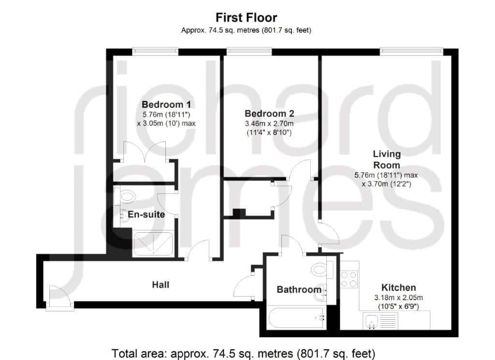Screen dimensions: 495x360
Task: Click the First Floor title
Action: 246,18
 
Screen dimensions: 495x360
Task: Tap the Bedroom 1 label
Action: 166,105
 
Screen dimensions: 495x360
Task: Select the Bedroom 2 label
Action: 269,113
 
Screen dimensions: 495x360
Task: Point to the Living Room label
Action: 387,159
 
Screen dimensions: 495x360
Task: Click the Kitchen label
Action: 399,287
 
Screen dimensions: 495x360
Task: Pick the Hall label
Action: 160,285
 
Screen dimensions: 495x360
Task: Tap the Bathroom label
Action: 299,289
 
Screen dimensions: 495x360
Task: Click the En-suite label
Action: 146,214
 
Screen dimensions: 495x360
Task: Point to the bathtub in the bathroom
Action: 297,317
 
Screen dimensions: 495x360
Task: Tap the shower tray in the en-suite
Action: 153,244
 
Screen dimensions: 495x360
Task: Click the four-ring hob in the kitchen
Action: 349,279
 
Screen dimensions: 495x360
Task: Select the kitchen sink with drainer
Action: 380,320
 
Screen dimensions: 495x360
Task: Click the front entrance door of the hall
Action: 59,297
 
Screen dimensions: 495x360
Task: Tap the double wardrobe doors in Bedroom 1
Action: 144,152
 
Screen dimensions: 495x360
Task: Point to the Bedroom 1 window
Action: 155,51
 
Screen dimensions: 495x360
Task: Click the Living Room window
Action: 411,51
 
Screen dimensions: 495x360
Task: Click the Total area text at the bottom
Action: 244,353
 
